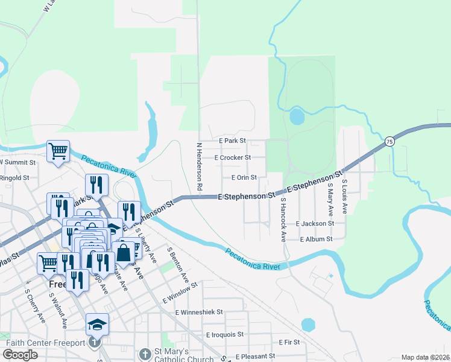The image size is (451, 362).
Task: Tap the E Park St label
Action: [232, 140]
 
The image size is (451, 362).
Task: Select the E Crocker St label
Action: [232, 157]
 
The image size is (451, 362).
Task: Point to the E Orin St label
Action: [244, 177]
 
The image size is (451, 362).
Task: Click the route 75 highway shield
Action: [390, 141]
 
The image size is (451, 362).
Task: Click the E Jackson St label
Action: [315, 223]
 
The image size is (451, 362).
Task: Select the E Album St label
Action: [317, 239]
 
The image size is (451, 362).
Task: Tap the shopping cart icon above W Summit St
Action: [58, 151]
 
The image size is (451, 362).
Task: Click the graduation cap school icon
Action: [97, 325]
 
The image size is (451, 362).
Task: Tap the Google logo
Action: [20, 355]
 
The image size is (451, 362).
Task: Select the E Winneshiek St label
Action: [199, 313]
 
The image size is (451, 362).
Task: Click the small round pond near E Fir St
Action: [308, 325]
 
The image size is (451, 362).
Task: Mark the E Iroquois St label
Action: [224, 334]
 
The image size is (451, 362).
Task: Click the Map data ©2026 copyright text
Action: [425, 357]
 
